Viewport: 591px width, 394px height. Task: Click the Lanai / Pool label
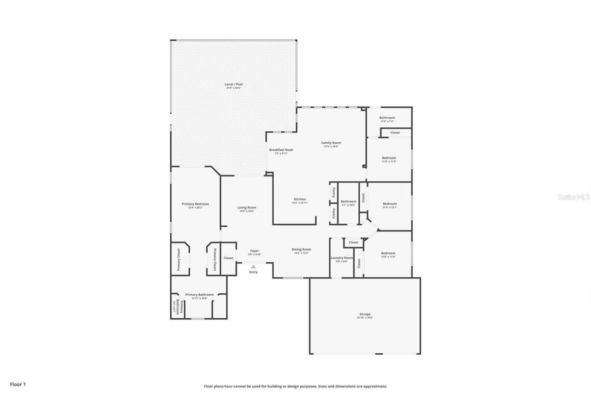(x=234, y=85)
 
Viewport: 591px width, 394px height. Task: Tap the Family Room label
(x=331, y=143)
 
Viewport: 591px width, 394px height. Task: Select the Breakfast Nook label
(x=281, y=150)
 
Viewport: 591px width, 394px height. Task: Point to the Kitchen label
(x=299, y=200)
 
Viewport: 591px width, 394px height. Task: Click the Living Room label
(x=247, y=208)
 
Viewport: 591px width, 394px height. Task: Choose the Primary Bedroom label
(x=195, y=204)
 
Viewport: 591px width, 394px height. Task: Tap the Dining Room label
(x=301, y=249)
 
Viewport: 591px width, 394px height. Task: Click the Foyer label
(x=255, y=251)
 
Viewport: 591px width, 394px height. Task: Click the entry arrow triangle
(x=253, y=267)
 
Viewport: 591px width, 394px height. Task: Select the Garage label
(x=365, y=315)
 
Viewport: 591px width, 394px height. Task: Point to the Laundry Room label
(x=342, y=258)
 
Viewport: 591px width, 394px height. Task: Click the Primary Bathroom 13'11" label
(x=199, y=295)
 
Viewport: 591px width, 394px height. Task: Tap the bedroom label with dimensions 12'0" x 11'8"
(x=388, y=253)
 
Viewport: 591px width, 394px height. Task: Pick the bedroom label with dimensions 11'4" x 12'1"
(x=390, y=204)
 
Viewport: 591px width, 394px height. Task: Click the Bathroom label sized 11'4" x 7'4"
(x=387, y=118)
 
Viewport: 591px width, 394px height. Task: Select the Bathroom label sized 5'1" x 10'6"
(x=348, y=201)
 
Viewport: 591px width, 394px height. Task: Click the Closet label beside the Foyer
(x=229, y=258)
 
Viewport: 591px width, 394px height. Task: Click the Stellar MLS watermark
(x=573, y=197)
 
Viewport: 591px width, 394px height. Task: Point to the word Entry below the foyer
(x=253, y=272)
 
